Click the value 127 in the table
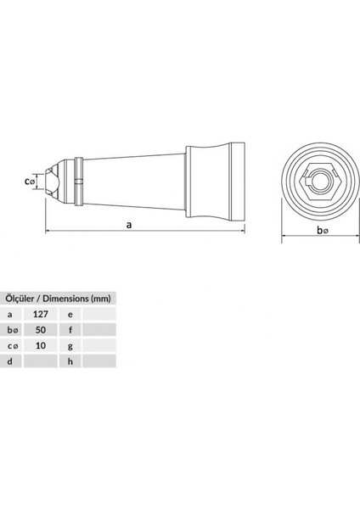40,313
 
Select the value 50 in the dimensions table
40,329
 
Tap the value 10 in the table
40,345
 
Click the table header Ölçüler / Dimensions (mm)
58,297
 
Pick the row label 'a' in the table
10,313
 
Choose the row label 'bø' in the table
11,329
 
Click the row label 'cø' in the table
11,345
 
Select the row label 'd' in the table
10,361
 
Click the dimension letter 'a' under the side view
128,226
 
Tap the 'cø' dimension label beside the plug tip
31,180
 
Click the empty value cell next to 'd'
40,361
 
